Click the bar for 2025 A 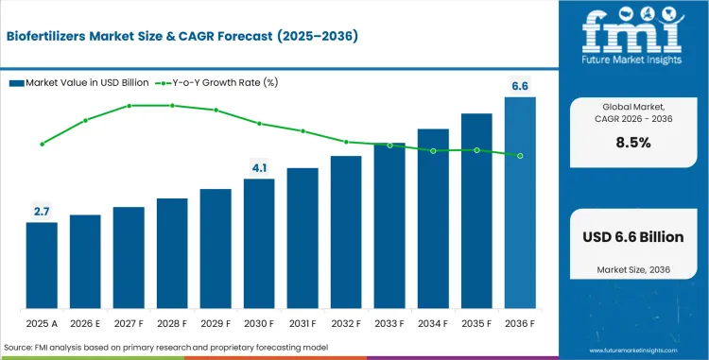pyautogui.click(x=42, y=266)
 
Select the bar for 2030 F pyautogui.click(x=259, y=244)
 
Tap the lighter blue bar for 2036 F pyautogui.click(x=520, y=203)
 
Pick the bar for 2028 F pyautogui.click(x=172, y=253)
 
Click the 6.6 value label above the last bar pyautogui.click(x=520, y=86)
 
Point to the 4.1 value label pyautogui.click(x=260, y=168)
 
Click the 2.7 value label pyautogui.click(x=42, y=212)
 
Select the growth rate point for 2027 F pyautogui.click(x=129, y=106)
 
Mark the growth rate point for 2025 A pyautogui.click(x=42, y=144)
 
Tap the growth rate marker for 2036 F pyautogui.click(x=520, y=156)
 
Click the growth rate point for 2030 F pyautogui.click(x=260, y=124)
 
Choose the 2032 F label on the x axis pyautogui.click(x=346, y=324)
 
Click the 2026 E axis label pyautogui.click(x=85, y=324)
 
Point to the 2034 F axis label pyautogui.click(x=433, y=324)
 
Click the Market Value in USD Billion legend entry pyautogui.click(x=78, y=82)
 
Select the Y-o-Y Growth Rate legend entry pyautogui.click(x=216, y=82)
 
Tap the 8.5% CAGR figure pyautogui.click(x=633, y=143)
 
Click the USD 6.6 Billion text pyautogui.click(x=633, y=236)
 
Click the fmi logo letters pyautogui.click(x=633, y=31)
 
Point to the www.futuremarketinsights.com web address pyautogui.click(x=633, y=351)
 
